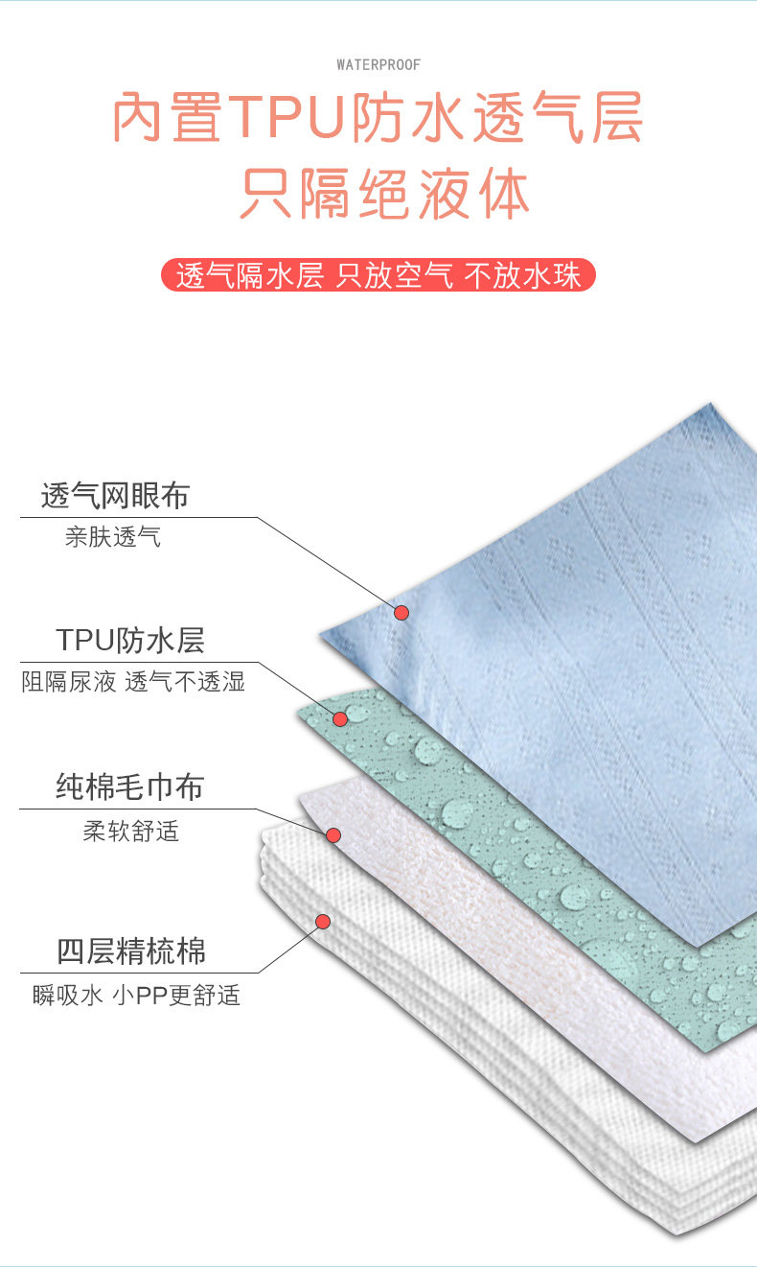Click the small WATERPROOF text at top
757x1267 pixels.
pos(378,64)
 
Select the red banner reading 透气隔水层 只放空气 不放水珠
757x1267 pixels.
pos(378,275)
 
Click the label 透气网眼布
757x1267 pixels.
pos(115,496)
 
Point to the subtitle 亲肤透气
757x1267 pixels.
pos(113,537)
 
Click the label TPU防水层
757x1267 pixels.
pos(129,640)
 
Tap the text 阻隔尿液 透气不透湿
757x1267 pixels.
pos(133,682)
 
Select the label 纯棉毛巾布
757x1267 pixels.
pos(129,787)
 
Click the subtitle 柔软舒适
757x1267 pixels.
pos(130,831)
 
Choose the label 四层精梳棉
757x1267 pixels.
pos(130,952)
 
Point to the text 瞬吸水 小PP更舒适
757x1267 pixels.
pos(135,996)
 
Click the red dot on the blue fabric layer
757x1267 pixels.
pos(401,612)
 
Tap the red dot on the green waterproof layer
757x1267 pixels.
pos(339,718)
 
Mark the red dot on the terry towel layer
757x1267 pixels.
pos(333,835)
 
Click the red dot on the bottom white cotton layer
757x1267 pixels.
pos(323,921)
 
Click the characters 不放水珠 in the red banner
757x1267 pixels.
pos(523,275)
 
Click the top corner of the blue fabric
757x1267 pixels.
pos(710,405)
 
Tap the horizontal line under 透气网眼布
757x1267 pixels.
pos(139,518)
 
